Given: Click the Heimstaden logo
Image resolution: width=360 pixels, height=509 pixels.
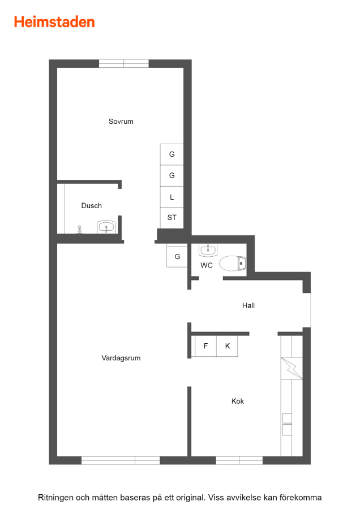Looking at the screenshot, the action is (x=54, y=22).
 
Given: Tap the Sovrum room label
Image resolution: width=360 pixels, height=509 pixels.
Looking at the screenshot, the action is (x=121, y=122).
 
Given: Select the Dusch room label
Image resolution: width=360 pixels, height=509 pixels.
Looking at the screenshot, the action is (x=91, y=205).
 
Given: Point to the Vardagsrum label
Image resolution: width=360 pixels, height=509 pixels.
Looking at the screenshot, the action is (x=121, y=358).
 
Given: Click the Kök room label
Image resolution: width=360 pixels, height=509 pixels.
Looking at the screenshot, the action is (x=238, y=401).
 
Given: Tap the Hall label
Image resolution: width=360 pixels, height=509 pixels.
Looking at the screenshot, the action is (x=248, y=305).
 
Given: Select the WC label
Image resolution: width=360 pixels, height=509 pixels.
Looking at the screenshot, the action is (x=207, y=266).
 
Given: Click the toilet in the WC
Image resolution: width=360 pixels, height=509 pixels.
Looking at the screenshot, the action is (x=233, y=263).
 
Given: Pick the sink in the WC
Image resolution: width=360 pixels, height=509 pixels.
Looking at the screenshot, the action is (x=208, y=250).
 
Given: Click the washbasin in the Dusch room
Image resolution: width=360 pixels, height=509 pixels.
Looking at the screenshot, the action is (x=106, y=227).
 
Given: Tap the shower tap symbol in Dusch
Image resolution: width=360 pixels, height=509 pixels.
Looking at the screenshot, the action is (x=79, y=230).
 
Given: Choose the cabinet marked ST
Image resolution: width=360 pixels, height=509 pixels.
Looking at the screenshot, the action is (x=172, y=218).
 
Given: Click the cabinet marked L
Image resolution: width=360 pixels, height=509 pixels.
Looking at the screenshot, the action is (x=172, y=197).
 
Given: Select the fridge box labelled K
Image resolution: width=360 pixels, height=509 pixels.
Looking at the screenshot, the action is (x=227, y=346).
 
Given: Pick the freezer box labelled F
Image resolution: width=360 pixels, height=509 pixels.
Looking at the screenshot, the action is (x=205, y=346).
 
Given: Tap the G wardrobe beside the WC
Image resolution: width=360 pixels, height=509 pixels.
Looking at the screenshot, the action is (x=177, y=256).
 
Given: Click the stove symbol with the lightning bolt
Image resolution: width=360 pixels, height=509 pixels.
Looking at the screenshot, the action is (x=292, y=368).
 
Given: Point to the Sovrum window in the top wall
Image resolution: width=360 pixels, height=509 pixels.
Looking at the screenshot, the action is (x=124, y=63).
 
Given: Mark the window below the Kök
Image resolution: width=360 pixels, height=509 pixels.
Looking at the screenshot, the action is (x=239, y=460).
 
